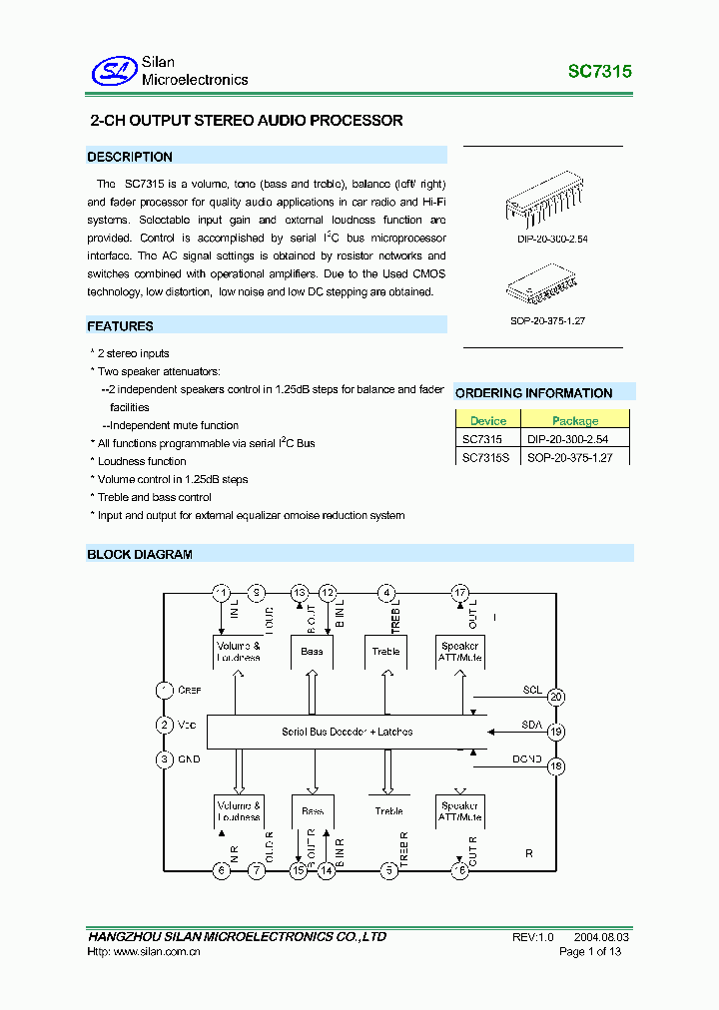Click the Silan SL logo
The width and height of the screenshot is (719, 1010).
pos(113,71)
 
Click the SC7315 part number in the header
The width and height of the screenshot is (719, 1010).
pos(599,72)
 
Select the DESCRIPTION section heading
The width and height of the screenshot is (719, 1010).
pos(130,157)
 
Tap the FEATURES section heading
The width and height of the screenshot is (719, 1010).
pos(120,326)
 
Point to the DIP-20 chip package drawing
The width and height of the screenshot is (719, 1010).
pos(544,206)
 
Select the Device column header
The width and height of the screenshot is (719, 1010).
pos(488,421)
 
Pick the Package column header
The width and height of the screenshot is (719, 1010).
pos(575,421)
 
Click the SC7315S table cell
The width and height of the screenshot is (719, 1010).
pos(486,457)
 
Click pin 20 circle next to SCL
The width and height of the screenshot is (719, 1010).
pos(556,698)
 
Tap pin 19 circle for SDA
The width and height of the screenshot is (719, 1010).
pos(556,732)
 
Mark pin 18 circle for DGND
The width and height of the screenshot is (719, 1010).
pos(556,765)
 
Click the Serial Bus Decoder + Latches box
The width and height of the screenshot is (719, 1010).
pos(347,732)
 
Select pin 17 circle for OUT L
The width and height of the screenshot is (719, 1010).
pos(459,593)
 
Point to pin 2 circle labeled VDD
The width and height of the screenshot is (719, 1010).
pos(165,726)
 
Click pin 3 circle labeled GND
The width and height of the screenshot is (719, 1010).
pos(165,759)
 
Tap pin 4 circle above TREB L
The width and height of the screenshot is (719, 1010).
pos(385,593)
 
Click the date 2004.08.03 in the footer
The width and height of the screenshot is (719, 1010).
pos(601,938)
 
